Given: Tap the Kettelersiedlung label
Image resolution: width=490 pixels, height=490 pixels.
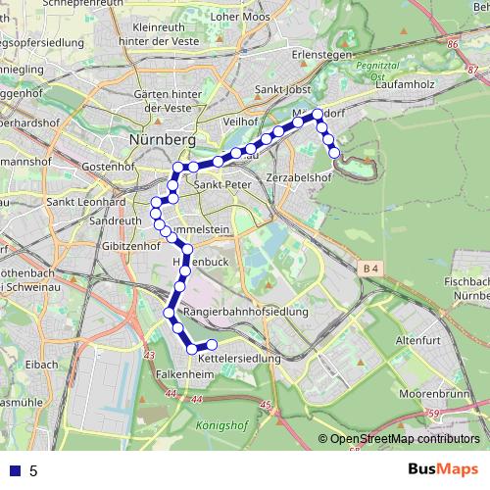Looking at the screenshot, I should pos(239,360).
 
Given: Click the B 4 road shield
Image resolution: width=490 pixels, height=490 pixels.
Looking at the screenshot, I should pos(368,268).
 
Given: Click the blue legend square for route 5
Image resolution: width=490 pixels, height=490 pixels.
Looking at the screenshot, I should pos(14,470).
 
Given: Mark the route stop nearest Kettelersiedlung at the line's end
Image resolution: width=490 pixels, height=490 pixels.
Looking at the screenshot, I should pos(211,344).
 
